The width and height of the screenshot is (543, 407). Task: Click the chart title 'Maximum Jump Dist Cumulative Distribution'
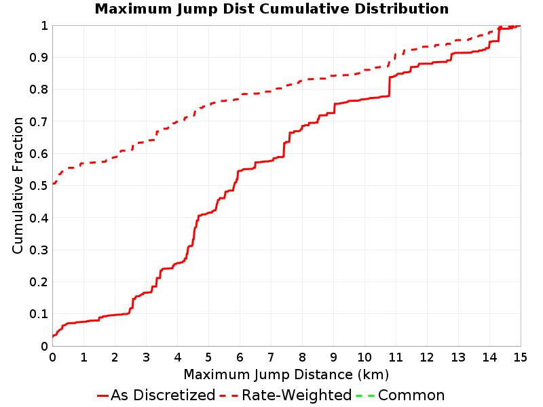tap(271, 9)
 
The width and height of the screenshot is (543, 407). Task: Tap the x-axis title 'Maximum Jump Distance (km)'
tap(286, 374)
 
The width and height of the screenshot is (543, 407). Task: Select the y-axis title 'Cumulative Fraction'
tap(18, 185)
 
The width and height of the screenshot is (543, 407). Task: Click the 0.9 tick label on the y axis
tap(39, 58)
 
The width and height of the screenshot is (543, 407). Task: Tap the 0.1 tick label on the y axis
tap(39, 314)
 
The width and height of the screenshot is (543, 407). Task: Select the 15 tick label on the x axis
tap(520, 357)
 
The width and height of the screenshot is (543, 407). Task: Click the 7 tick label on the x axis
tap(271, 357)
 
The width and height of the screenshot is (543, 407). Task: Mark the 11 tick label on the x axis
tap(396, 357)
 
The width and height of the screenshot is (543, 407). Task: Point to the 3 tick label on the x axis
tap(146, 357)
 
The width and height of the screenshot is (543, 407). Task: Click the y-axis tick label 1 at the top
tap(44, 26)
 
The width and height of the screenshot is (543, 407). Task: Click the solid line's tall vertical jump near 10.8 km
tap(389, 87)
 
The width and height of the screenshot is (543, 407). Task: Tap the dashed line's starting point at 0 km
tap(53, 183)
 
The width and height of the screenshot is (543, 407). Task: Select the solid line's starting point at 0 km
tap(53, 336)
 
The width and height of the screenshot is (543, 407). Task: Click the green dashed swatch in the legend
tap(365, 395)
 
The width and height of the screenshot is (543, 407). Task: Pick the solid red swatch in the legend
tap(103, 395)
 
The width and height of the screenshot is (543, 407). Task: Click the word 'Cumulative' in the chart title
tap(305, 9)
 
